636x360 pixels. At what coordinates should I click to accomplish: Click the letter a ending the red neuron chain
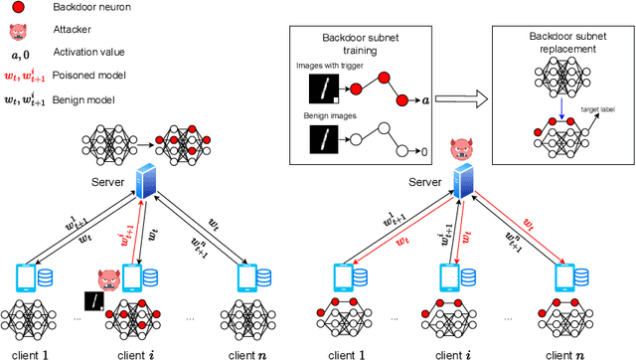click(425, 100)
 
